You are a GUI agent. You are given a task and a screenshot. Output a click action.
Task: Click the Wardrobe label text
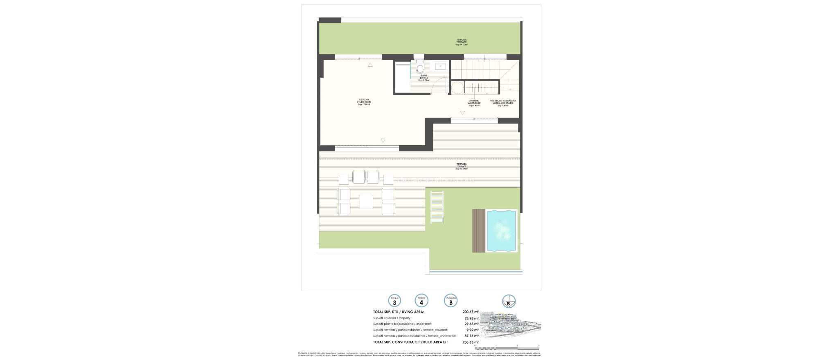(474, 103)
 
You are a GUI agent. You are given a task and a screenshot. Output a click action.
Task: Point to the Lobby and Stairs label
(503, 103)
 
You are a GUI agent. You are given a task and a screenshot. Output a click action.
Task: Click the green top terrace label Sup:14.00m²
(462, 42)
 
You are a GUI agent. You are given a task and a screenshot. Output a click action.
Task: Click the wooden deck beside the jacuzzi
(479, 231)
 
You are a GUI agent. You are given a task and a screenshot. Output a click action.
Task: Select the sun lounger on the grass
(437, 207)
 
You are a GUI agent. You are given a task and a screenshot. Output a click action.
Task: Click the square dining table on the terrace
(79, 201)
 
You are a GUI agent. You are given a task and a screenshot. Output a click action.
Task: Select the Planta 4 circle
(421, 301)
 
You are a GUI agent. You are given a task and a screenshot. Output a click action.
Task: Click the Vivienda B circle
(451, 301)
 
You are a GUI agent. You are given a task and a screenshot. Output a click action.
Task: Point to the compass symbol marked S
(509, 301)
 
